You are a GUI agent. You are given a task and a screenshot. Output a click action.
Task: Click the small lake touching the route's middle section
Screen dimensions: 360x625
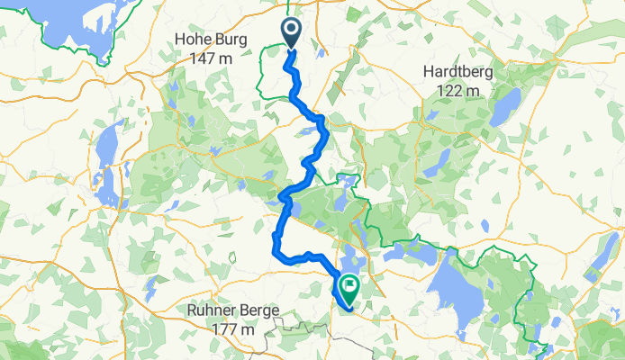(x=294, y=210)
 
